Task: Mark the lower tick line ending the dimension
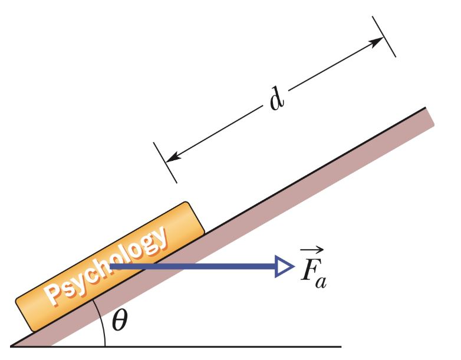click(x=165, y=162)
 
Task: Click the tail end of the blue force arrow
click(x=112, y=267)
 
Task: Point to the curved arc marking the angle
click(x=101, y=321)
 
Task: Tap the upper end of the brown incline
click(x=429, y=116)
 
